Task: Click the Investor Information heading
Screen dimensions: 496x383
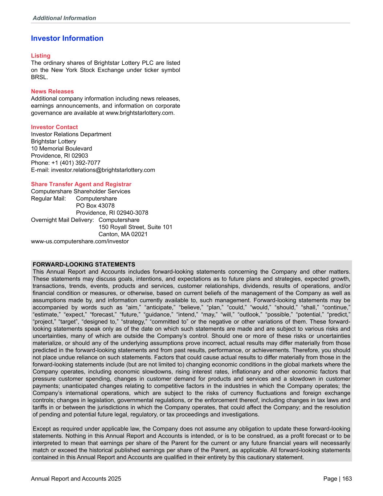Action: tap(67, 39)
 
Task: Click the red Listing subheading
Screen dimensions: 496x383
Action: tap(41, 56)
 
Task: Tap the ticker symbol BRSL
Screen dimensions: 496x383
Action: tap(39, 77)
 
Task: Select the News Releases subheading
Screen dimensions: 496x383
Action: tap(52, 91)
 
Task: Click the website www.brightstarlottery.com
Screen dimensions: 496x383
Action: tap(140, 113)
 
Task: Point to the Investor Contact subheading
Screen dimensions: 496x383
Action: tap(54, 127)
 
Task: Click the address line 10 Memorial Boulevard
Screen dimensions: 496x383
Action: tap(61, 148)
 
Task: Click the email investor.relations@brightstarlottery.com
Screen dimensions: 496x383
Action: tap(103, 170)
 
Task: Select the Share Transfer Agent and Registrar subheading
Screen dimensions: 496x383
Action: tap(81, 184)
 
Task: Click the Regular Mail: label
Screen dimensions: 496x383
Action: tap(48, 198)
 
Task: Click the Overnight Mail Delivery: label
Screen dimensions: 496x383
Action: tap(62, 220)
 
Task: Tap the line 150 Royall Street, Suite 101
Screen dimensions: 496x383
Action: tap(135, 227)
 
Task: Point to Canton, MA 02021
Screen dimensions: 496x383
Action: tap(123, 234)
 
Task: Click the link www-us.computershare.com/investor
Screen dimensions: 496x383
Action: tap(80, 241)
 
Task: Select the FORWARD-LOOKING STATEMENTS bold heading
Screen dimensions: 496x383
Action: tap(84, 264)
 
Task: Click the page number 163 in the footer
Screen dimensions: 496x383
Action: tap(347, 479)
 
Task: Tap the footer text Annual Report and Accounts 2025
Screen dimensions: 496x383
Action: tap(76, 479)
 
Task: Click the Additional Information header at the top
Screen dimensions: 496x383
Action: tap(64, 18)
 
